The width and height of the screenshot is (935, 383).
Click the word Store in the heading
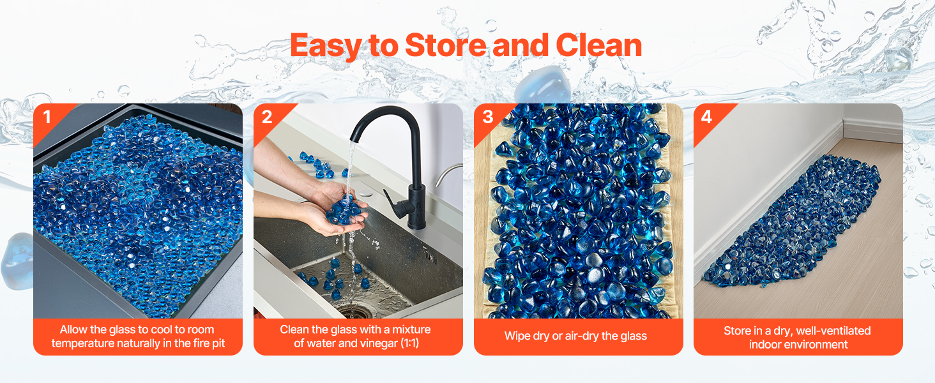[x=446, y=45]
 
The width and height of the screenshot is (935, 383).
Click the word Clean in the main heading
[x=599, y=45]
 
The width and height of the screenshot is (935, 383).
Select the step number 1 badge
[x=47, y=117]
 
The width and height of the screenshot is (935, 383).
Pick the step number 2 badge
[x=267, y=117]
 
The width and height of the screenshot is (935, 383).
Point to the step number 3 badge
[x=487, y=117]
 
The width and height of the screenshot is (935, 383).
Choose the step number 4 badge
[x=706, y=117]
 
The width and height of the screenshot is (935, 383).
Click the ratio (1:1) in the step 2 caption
[x=409, y=343]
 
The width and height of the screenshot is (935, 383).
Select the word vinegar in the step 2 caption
[x=378, y=344]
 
